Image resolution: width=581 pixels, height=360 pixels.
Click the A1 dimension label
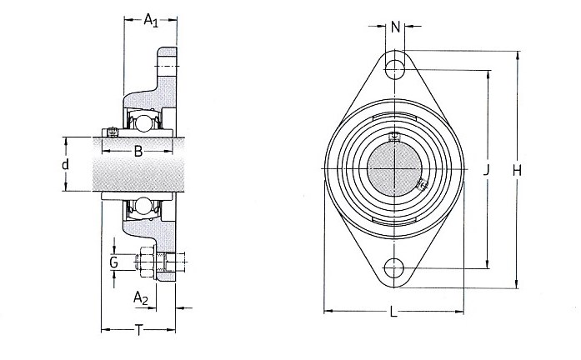[151, 20]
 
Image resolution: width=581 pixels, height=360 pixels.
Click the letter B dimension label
[138, 151]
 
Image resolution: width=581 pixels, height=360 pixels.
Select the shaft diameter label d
[65, 163]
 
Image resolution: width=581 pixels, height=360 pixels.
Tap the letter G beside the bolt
[113, 262]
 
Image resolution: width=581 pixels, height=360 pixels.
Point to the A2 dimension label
[141, 298]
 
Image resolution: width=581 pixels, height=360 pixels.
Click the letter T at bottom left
[138, 330]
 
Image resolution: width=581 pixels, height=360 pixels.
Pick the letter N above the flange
[396, 27]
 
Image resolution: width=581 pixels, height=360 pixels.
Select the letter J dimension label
[487, 170]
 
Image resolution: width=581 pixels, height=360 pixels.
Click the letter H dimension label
[517, 170]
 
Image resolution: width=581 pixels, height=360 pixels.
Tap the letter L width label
[394, 312]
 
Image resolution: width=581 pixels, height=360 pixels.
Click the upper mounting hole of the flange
[394, 69]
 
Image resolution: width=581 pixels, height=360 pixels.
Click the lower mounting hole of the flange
[394, 267]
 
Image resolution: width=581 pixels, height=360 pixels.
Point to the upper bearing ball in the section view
[143, 122]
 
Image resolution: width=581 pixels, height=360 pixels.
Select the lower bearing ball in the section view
[143, 206]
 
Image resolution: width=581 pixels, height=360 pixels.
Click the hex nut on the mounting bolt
[147, 262]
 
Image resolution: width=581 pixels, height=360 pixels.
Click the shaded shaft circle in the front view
[394, 169]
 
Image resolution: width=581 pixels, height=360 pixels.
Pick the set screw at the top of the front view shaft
[394, 137]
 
